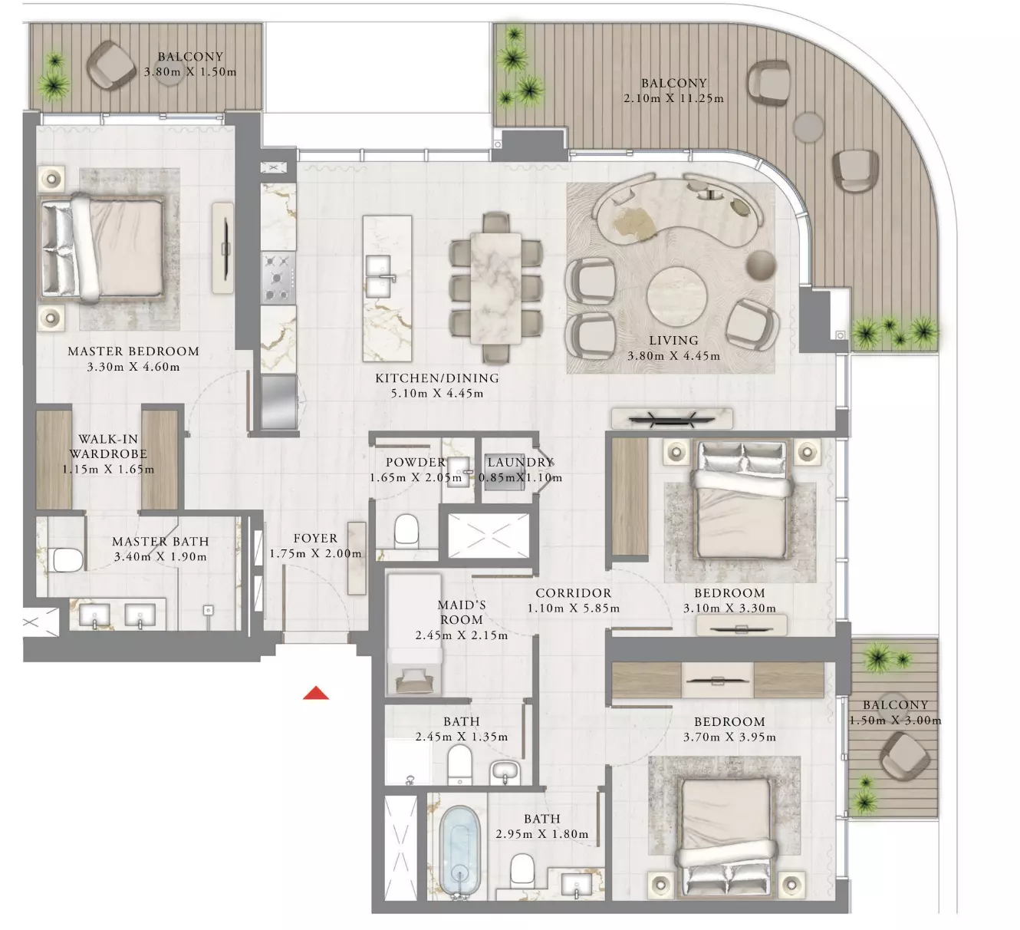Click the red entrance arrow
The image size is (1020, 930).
[316, 693]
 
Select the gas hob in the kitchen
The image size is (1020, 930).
[278, 278]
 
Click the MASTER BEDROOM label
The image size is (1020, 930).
[133, 351]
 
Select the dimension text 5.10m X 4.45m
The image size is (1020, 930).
[437, 394]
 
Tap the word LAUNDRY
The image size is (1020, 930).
[521, 462]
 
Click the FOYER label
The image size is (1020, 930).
[315, 538]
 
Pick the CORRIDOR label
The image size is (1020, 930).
[573, 592]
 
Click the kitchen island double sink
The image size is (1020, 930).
[379, 277]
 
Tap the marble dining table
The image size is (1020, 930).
[495, 288]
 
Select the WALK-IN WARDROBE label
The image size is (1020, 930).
[108, 446]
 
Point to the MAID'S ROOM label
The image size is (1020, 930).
[461, 612]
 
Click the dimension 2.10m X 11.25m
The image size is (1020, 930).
[673, 98]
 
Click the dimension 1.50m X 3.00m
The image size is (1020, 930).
[896, 721]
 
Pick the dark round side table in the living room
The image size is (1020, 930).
[762, 265]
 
